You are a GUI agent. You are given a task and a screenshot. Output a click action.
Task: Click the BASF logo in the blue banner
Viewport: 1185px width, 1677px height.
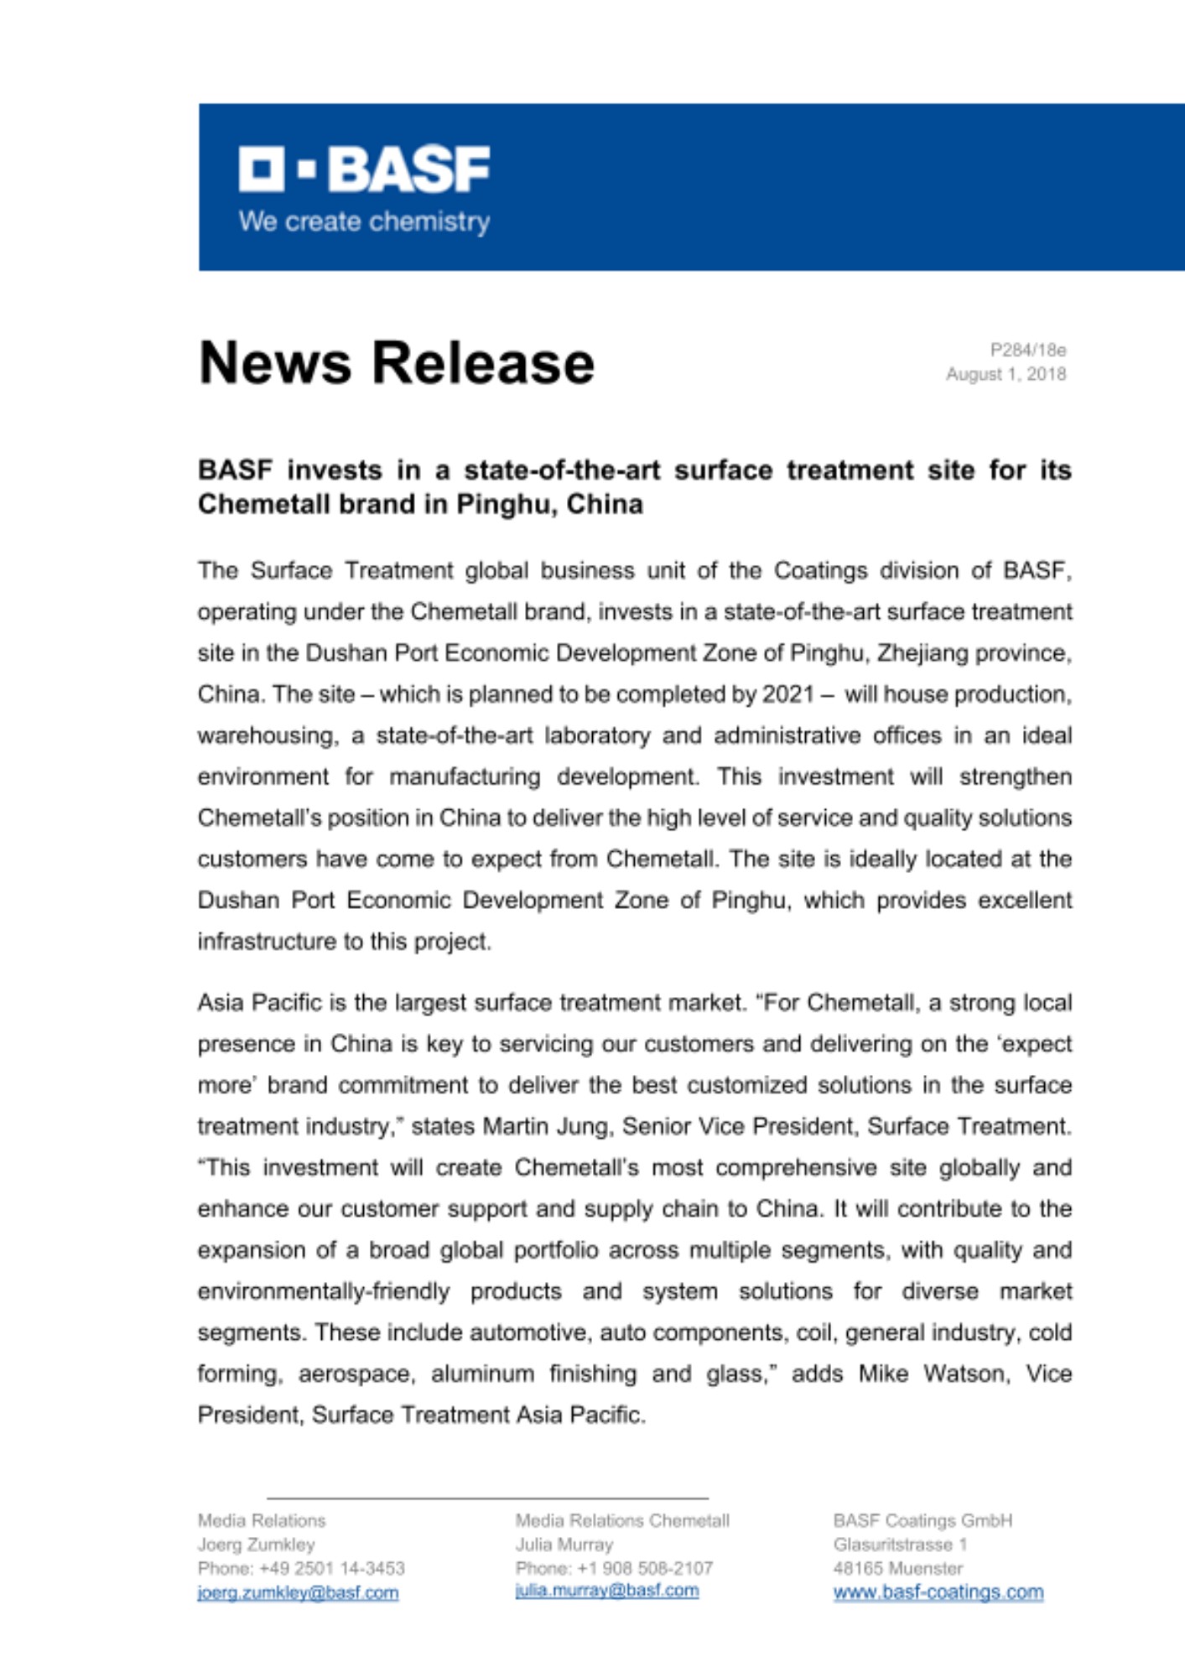coord(364,169)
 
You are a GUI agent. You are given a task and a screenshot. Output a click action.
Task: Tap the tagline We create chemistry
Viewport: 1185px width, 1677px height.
coord(364,222)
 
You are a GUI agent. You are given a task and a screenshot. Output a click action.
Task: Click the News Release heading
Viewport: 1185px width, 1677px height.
coord(396,363)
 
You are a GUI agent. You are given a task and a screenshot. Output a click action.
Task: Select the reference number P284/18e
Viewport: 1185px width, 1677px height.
coord(1027,350)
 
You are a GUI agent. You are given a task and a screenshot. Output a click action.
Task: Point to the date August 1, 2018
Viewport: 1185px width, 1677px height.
coord(1006,374)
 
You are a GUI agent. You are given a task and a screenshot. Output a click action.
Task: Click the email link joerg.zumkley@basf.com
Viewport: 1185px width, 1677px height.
coord(298,1592)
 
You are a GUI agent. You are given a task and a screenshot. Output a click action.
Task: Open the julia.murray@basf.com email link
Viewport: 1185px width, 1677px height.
coord(606,1591)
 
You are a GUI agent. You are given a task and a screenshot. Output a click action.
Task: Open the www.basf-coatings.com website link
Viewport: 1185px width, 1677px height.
coord(938,1591)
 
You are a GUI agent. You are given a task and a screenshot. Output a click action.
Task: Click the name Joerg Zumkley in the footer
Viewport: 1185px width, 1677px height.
coord(256,1545)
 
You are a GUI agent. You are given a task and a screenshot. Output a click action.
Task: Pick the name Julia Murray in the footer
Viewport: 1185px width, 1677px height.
coord(564,1545)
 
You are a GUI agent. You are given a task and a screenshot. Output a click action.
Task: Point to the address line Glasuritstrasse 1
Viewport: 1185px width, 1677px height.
coord(900,1545)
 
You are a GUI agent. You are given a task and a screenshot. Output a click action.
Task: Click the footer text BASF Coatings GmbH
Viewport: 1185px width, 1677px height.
coord(923,1520)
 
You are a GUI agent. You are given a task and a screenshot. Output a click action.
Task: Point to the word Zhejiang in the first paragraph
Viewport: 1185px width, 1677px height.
coord(923,653)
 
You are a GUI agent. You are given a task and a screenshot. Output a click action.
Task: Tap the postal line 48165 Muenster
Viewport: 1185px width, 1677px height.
coord(897,1568)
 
